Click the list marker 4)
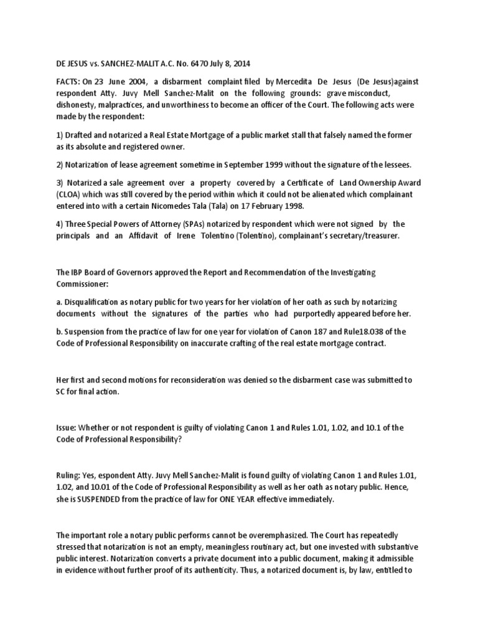tap(60, 223)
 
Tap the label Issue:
tap(67, 427)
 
